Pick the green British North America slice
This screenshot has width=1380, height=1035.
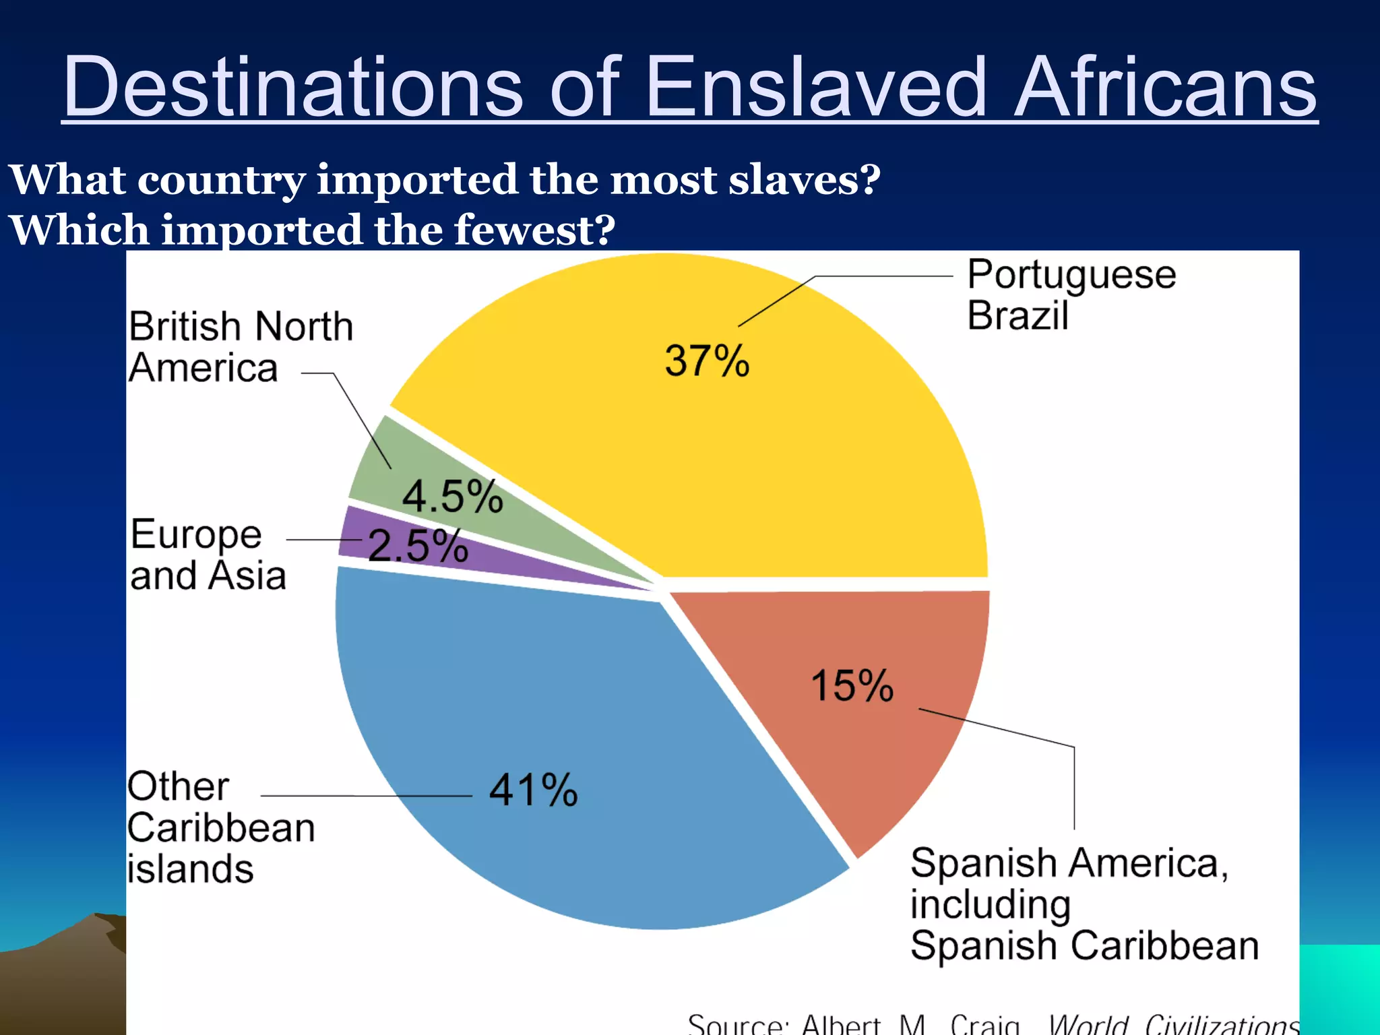404,472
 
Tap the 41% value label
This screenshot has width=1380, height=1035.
533,790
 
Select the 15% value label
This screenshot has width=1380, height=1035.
852,686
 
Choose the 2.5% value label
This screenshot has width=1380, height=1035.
418,545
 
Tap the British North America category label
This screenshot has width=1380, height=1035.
240,347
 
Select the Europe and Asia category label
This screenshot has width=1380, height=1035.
208,555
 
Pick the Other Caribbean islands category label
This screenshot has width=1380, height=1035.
220,827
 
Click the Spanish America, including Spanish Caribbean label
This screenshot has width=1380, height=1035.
1084,904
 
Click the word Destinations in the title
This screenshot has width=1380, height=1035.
293,88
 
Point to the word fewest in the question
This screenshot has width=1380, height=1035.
534,230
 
